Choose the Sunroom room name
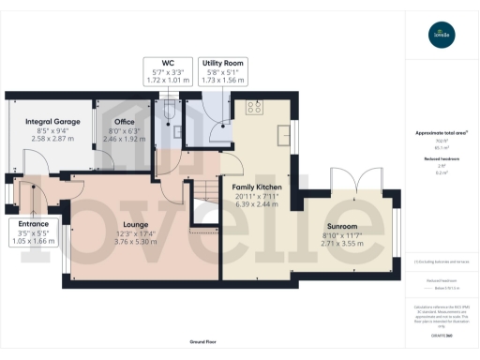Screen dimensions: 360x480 [341, 227]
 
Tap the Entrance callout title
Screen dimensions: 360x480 [35, 225]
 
